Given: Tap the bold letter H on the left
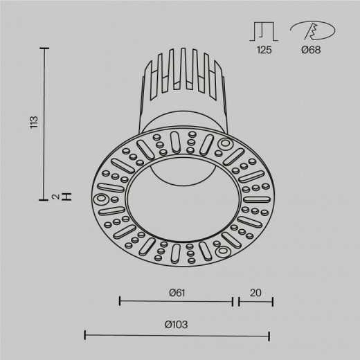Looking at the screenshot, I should tap(66, 197).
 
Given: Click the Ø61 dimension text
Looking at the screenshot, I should tap(177, 293).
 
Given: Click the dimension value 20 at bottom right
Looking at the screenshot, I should tap(255, 293).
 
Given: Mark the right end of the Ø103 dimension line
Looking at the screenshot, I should tap(269, 335).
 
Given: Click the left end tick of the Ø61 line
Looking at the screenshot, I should tap(120, 301).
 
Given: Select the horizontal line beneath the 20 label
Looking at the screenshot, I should tap(255, 301).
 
